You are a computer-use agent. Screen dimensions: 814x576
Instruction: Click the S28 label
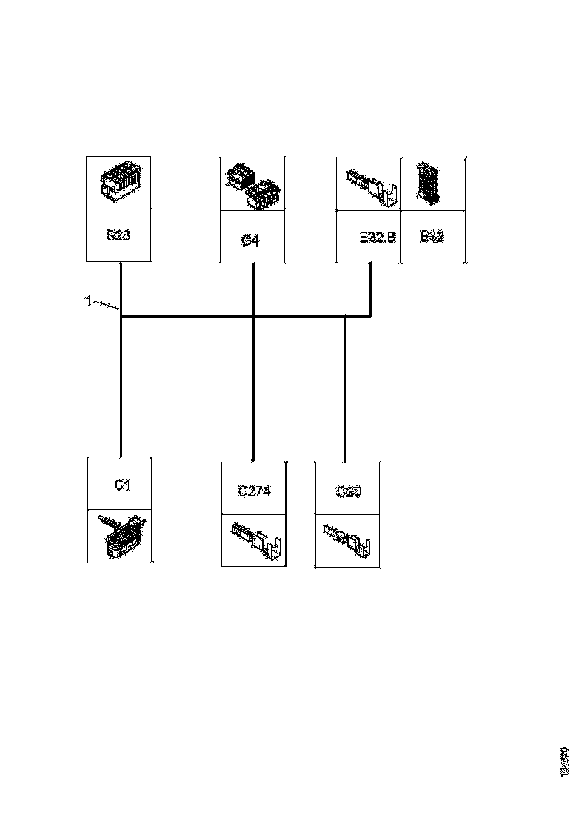pos(118,235)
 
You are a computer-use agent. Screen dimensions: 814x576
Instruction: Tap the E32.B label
pos(378,238)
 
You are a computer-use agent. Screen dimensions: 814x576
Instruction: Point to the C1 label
pos(121,485)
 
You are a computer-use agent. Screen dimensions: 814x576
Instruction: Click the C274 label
pos(253,490)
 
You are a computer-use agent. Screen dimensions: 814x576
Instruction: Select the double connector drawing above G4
pos(253,184)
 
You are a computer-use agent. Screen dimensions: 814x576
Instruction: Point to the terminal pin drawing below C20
pos(348,540)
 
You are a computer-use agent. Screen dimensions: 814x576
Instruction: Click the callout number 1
pos(87,300)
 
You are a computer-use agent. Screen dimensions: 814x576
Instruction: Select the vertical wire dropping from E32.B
pos(370,289)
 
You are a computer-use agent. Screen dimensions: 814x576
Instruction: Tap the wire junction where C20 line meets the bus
pos(345,317)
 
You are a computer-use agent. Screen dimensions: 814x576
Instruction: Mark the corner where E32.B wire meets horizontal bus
pos(370,317)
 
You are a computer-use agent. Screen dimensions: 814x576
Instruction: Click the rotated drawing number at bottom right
pos(565,761)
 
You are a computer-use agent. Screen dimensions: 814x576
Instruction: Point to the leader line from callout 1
pos(106,304)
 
